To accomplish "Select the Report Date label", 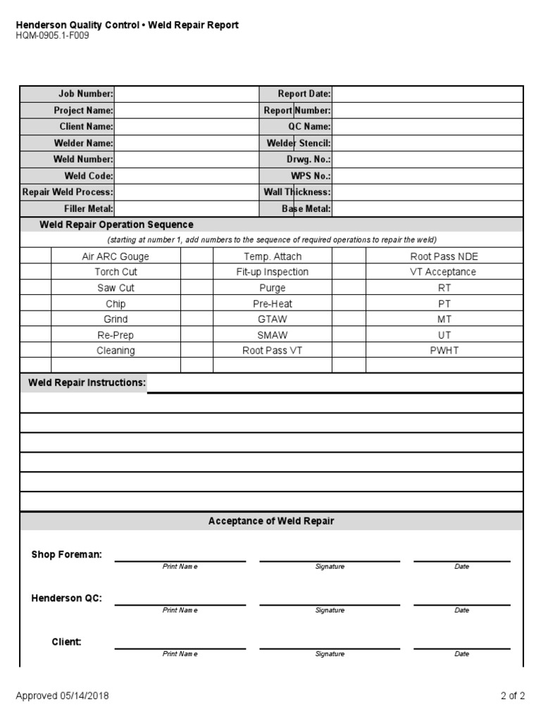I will tap(304, 94).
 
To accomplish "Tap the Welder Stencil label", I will tap(298, 143).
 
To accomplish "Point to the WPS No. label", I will tap(310, 176).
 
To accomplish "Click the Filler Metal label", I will tap(88, 208).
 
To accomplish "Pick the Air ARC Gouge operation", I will tap(116, 257).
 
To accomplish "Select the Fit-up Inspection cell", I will tap(272, 272).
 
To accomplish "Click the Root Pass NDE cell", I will tap(443, 257).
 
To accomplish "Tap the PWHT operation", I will tap(444, 350).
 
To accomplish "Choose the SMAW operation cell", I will tap(272, 335).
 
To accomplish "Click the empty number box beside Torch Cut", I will tap(36, 272).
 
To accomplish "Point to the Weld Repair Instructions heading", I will tap(87, 383).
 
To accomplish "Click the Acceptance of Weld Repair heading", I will tap(271, 521).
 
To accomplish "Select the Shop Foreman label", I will tap(66, 555).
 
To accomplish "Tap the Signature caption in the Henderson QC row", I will tap(329, 610).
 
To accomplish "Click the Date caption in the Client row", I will tap(461, 654).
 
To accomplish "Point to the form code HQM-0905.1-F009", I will tap(52, 36).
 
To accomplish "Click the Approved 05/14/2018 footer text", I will tap(62, 696).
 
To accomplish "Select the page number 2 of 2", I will tap(512, 696).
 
